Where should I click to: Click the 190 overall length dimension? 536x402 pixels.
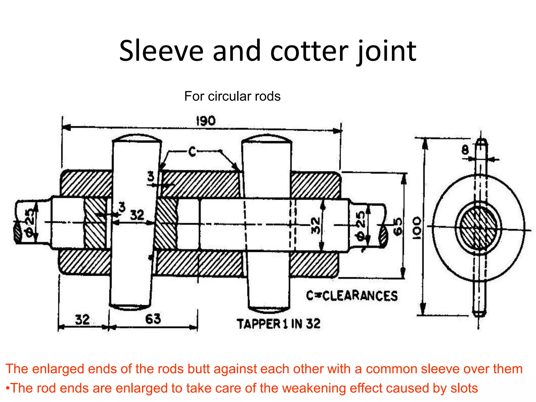206,121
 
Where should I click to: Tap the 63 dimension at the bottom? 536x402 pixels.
153,319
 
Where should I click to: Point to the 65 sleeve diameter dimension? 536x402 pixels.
398,227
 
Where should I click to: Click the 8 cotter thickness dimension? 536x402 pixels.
465,150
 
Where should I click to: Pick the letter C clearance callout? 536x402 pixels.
192,152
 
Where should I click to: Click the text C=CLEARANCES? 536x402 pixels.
352,296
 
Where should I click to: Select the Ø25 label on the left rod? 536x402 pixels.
30,223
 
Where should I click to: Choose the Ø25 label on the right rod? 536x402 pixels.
360,226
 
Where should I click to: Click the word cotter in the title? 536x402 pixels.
309,51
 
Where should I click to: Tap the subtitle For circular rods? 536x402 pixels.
232,96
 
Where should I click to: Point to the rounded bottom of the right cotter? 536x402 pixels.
269,310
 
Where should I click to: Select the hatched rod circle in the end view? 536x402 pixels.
478,227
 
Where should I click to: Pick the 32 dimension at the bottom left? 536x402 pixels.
82,320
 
